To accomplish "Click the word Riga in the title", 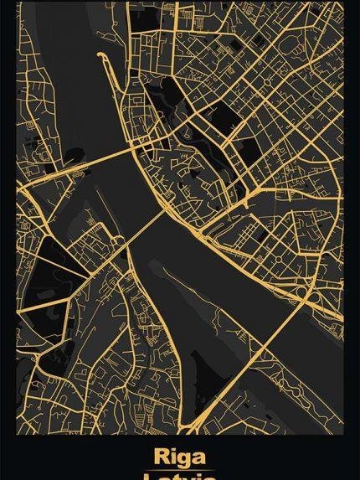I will click(180, 457).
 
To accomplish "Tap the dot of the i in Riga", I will click(172, 451).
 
